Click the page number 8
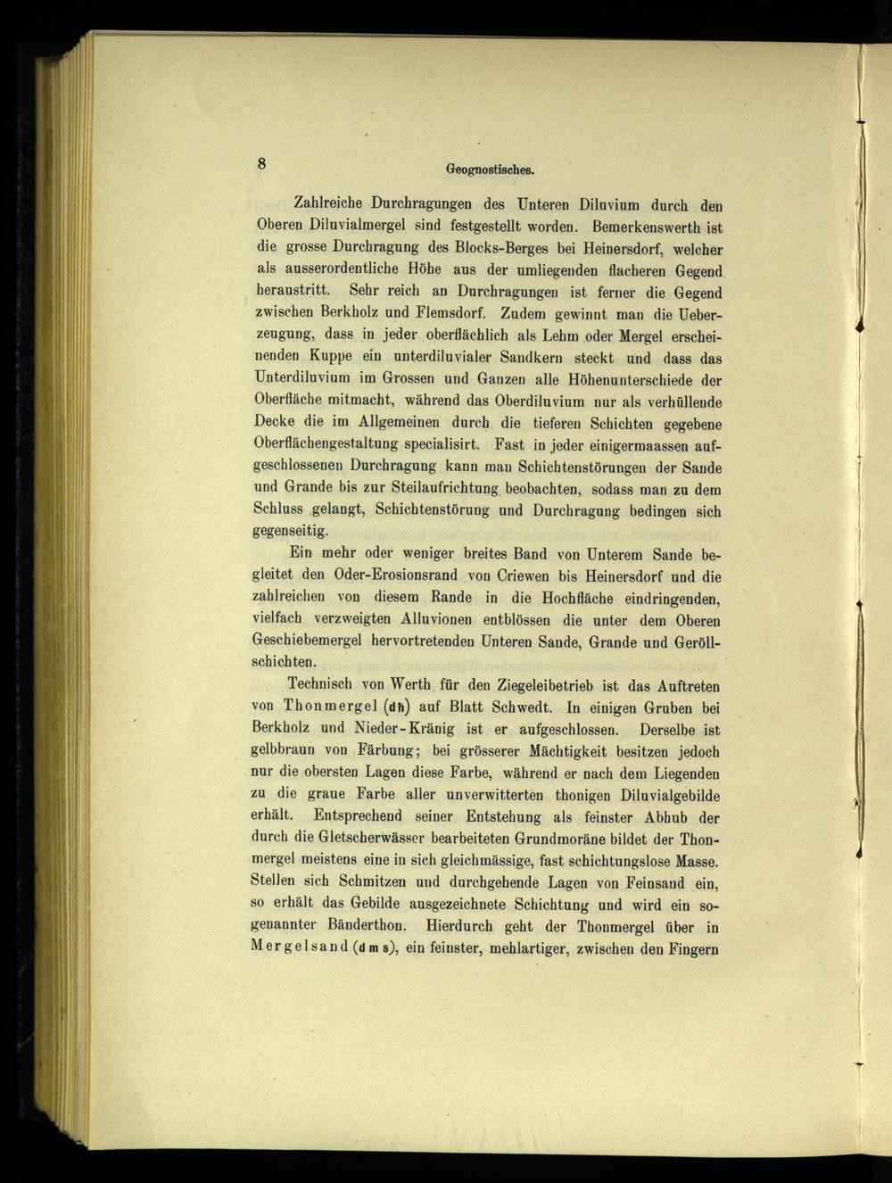261,162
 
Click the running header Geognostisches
489,168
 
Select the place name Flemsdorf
450,314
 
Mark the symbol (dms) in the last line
375,947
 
